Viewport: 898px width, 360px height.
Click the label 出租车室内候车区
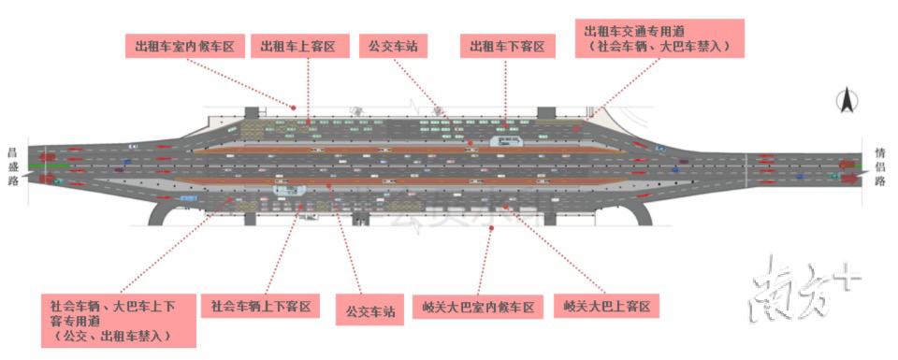(184, 46)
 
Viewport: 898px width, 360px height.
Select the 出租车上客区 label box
(305, 46)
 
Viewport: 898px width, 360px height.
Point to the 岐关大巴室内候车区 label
(477, 307)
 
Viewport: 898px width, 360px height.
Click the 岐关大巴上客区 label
(606, 307)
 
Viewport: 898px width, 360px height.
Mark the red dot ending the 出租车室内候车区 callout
(293, 106)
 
